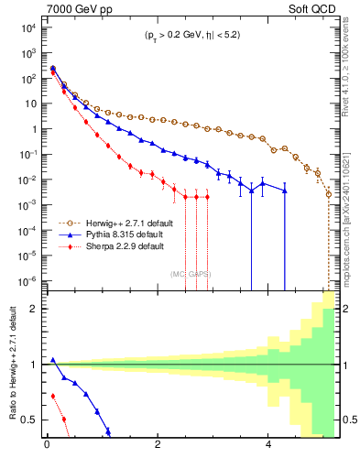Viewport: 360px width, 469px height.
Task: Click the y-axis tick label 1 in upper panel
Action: [34, 128]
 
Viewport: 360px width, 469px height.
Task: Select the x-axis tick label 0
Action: [47, 448]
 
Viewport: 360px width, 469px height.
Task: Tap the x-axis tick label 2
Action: [158, 448]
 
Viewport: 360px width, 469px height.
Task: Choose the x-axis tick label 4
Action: [267, 448]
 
